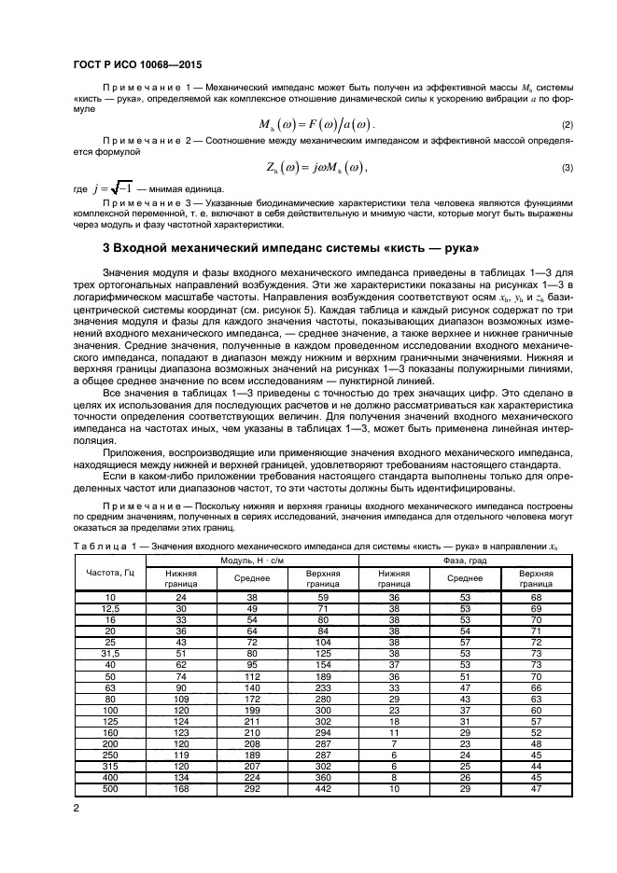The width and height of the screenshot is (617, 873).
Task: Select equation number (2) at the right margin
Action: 567,125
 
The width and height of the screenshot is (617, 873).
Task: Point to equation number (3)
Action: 567,168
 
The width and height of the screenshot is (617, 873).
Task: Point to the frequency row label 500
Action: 110,788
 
